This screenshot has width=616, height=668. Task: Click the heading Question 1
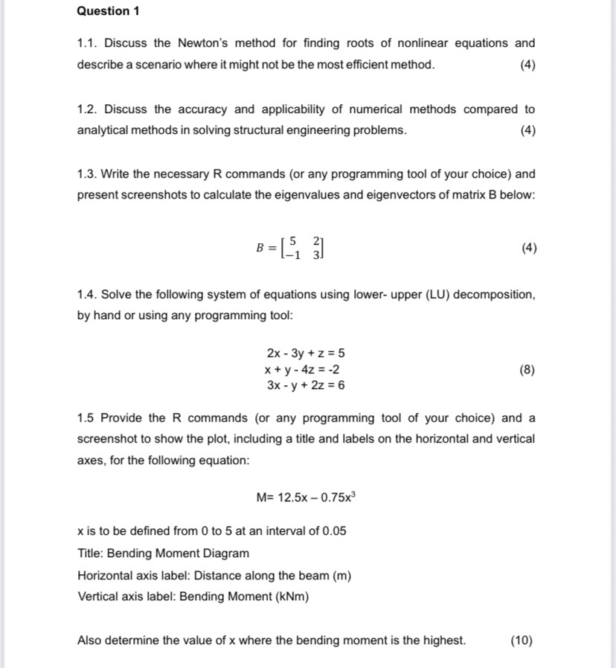[x=109, y=11]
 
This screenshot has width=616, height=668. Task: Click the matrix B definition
[x=289, y=248]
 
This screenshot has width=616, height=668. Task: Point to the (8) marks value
[x=527, y=369]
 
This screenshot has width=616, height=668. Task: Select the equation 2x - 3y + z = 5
[x=305, y=353]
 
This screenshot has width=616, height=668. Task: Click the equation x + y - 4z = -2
[x=303, y=369]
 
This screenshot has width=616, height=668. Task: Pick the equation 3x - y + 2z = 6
[x=305, y=385]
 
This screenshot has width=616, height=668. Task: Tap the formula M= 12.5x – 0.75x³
[x=306, y=496]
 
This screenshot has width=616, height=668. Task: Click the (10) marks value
[x=522, y=640]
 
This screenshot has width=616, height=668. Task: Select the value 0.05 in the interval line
[x=333, y=531]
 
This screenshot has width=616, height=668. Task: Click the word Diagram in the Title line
[x=226, y=553]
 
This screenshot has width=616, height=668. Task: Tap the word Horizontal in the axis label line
[x=106, y=575]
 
